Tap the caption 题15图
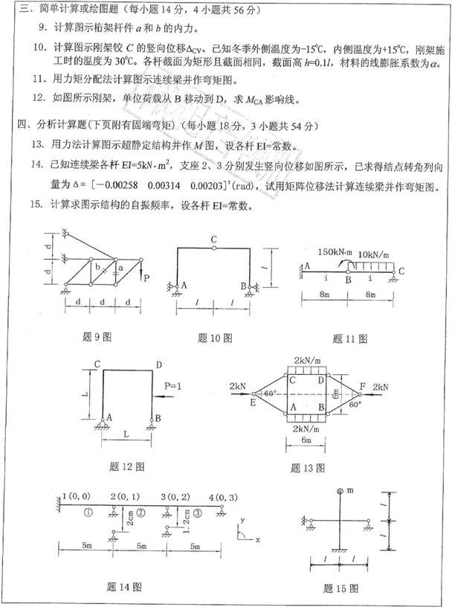click(341, 588)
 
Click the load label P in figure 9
click(146, 278)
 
